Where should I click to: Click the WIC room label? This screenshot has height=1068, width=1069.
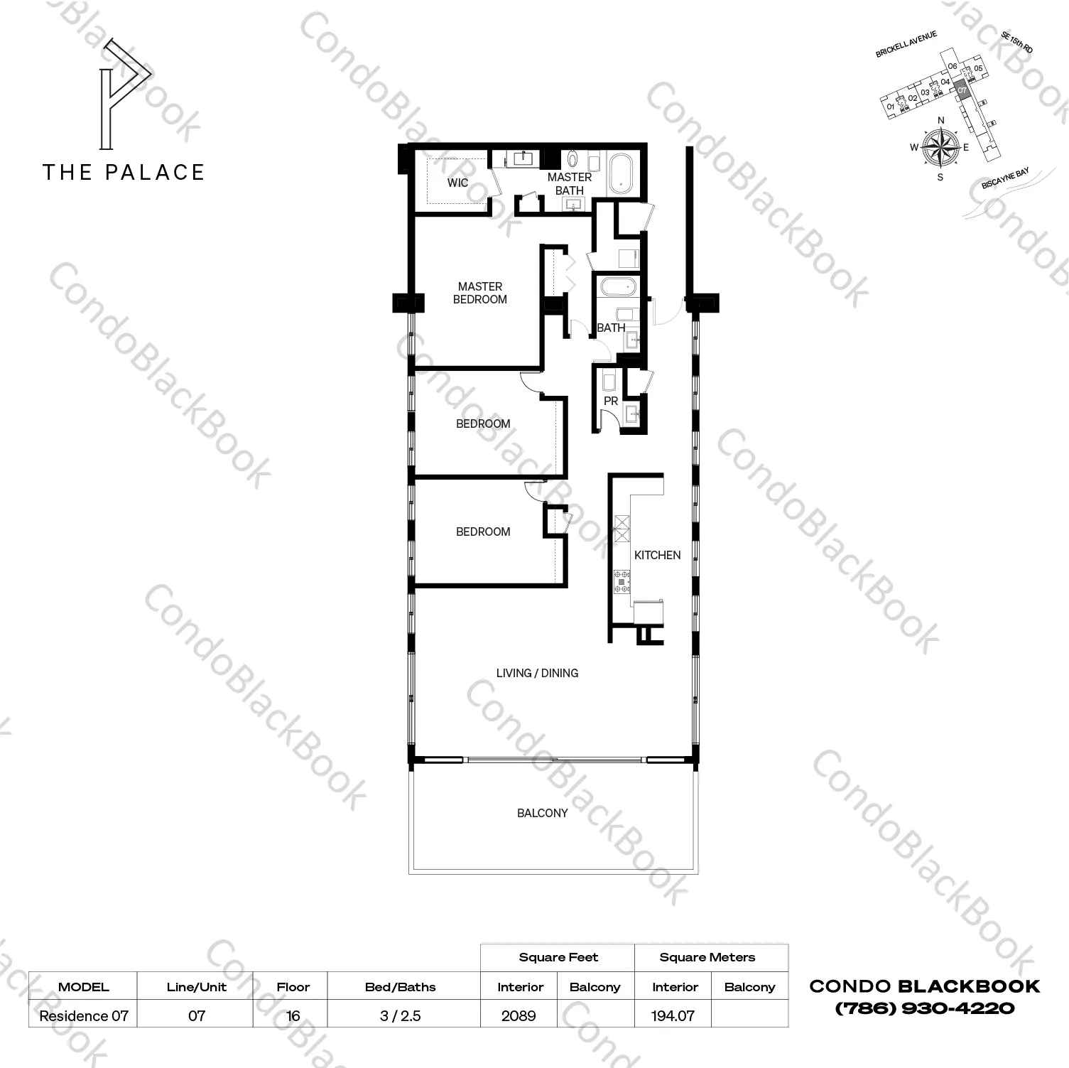457,183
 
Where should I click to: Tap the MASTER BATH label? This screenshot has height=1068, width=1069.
570,183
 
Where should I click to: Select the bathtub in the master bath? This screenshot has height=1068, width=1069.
623,173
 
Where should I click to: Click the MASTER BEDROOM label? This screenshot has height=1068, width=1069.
480,293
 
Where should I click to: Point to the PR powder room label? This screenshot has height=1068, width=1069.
611,401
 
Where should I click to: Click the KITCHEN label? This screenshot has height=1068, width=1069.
657,555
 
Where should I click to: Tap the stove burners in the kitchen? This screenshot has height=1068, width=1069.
623,581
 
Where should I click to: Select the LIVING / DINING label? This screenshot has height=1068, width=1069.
537,673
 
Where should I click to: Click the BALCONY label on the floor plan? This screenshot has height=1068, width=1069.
542,813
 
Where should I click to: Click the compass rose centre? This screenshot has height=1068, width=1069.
940,147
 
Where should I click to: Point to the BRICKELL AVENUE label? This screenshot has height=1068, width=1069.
906,44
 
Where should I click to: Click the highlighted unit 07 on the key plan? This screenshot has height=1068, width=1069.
962,91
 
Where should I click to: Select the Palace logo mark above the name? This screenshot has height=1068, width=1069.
125,95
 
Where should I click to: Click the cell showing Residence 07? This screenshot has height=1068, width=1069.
84,1015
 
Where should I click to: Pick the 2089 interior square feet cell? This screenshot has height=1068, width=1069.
519,1015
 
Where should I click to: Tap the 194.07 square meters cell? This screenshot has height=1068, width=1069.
673,1015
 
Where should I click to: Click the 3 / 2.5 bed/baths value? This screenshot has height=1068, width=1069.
401,1015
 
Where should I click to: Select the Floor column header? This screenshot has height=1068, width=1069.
293,986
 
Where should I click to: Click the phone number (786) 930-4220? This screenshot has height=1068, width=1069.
924,1008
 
